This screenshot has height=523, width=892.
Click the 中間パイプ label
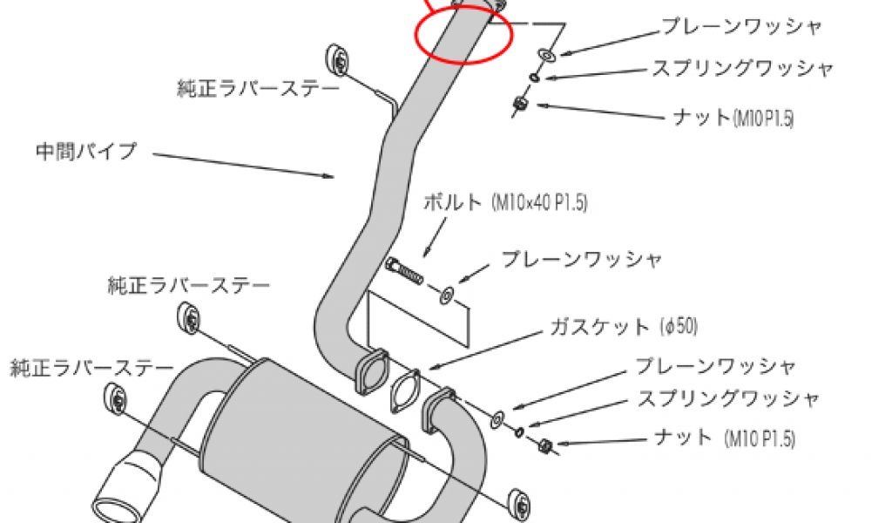86,151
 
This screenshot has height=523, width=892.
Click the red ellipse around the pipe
462,35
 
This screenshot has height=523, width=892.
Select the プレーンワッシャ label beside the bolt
581,259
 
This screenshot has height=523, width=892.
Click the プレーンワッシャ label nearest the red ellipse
741,26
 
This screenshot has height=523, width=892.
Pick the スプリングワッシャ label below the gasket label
728,399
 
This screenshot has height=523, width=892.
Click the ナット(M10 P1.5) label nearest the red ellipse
733,118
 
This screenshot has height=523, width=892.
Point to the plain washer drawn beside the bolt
446,295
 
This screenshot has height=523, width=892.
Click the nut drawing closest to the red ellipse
520,105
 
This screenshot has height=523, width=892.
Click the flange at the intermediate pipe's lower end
371,371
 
